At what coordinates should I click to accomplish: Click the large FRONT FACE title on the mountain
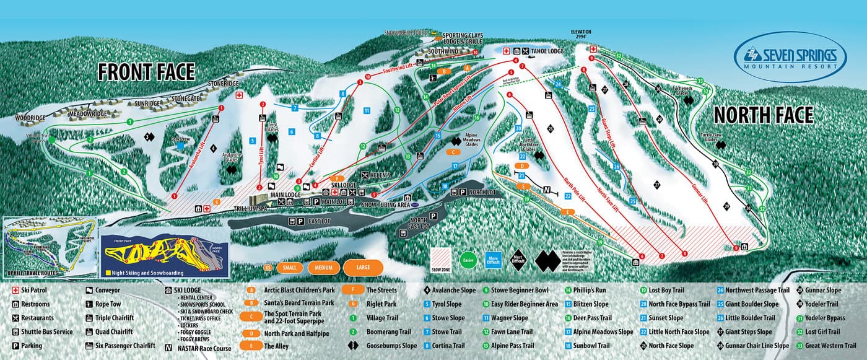pos(146,72)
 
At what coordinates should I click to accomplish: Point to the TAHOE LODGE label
pos(547,51)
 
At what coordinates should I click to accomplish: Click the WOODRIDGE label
pos(32,117)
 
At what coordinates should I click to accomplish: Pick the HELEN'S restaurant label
pos(380,175)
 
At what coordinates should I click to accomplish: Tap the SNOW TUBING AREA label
pos(386,204)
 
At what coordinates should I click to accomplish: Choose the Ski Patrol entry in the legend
pos(38,289)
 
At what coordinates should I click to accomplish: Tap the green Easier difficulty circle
pos(469,258)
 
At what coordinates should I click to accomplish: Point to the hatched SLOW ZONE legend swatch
pos(441,258)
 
